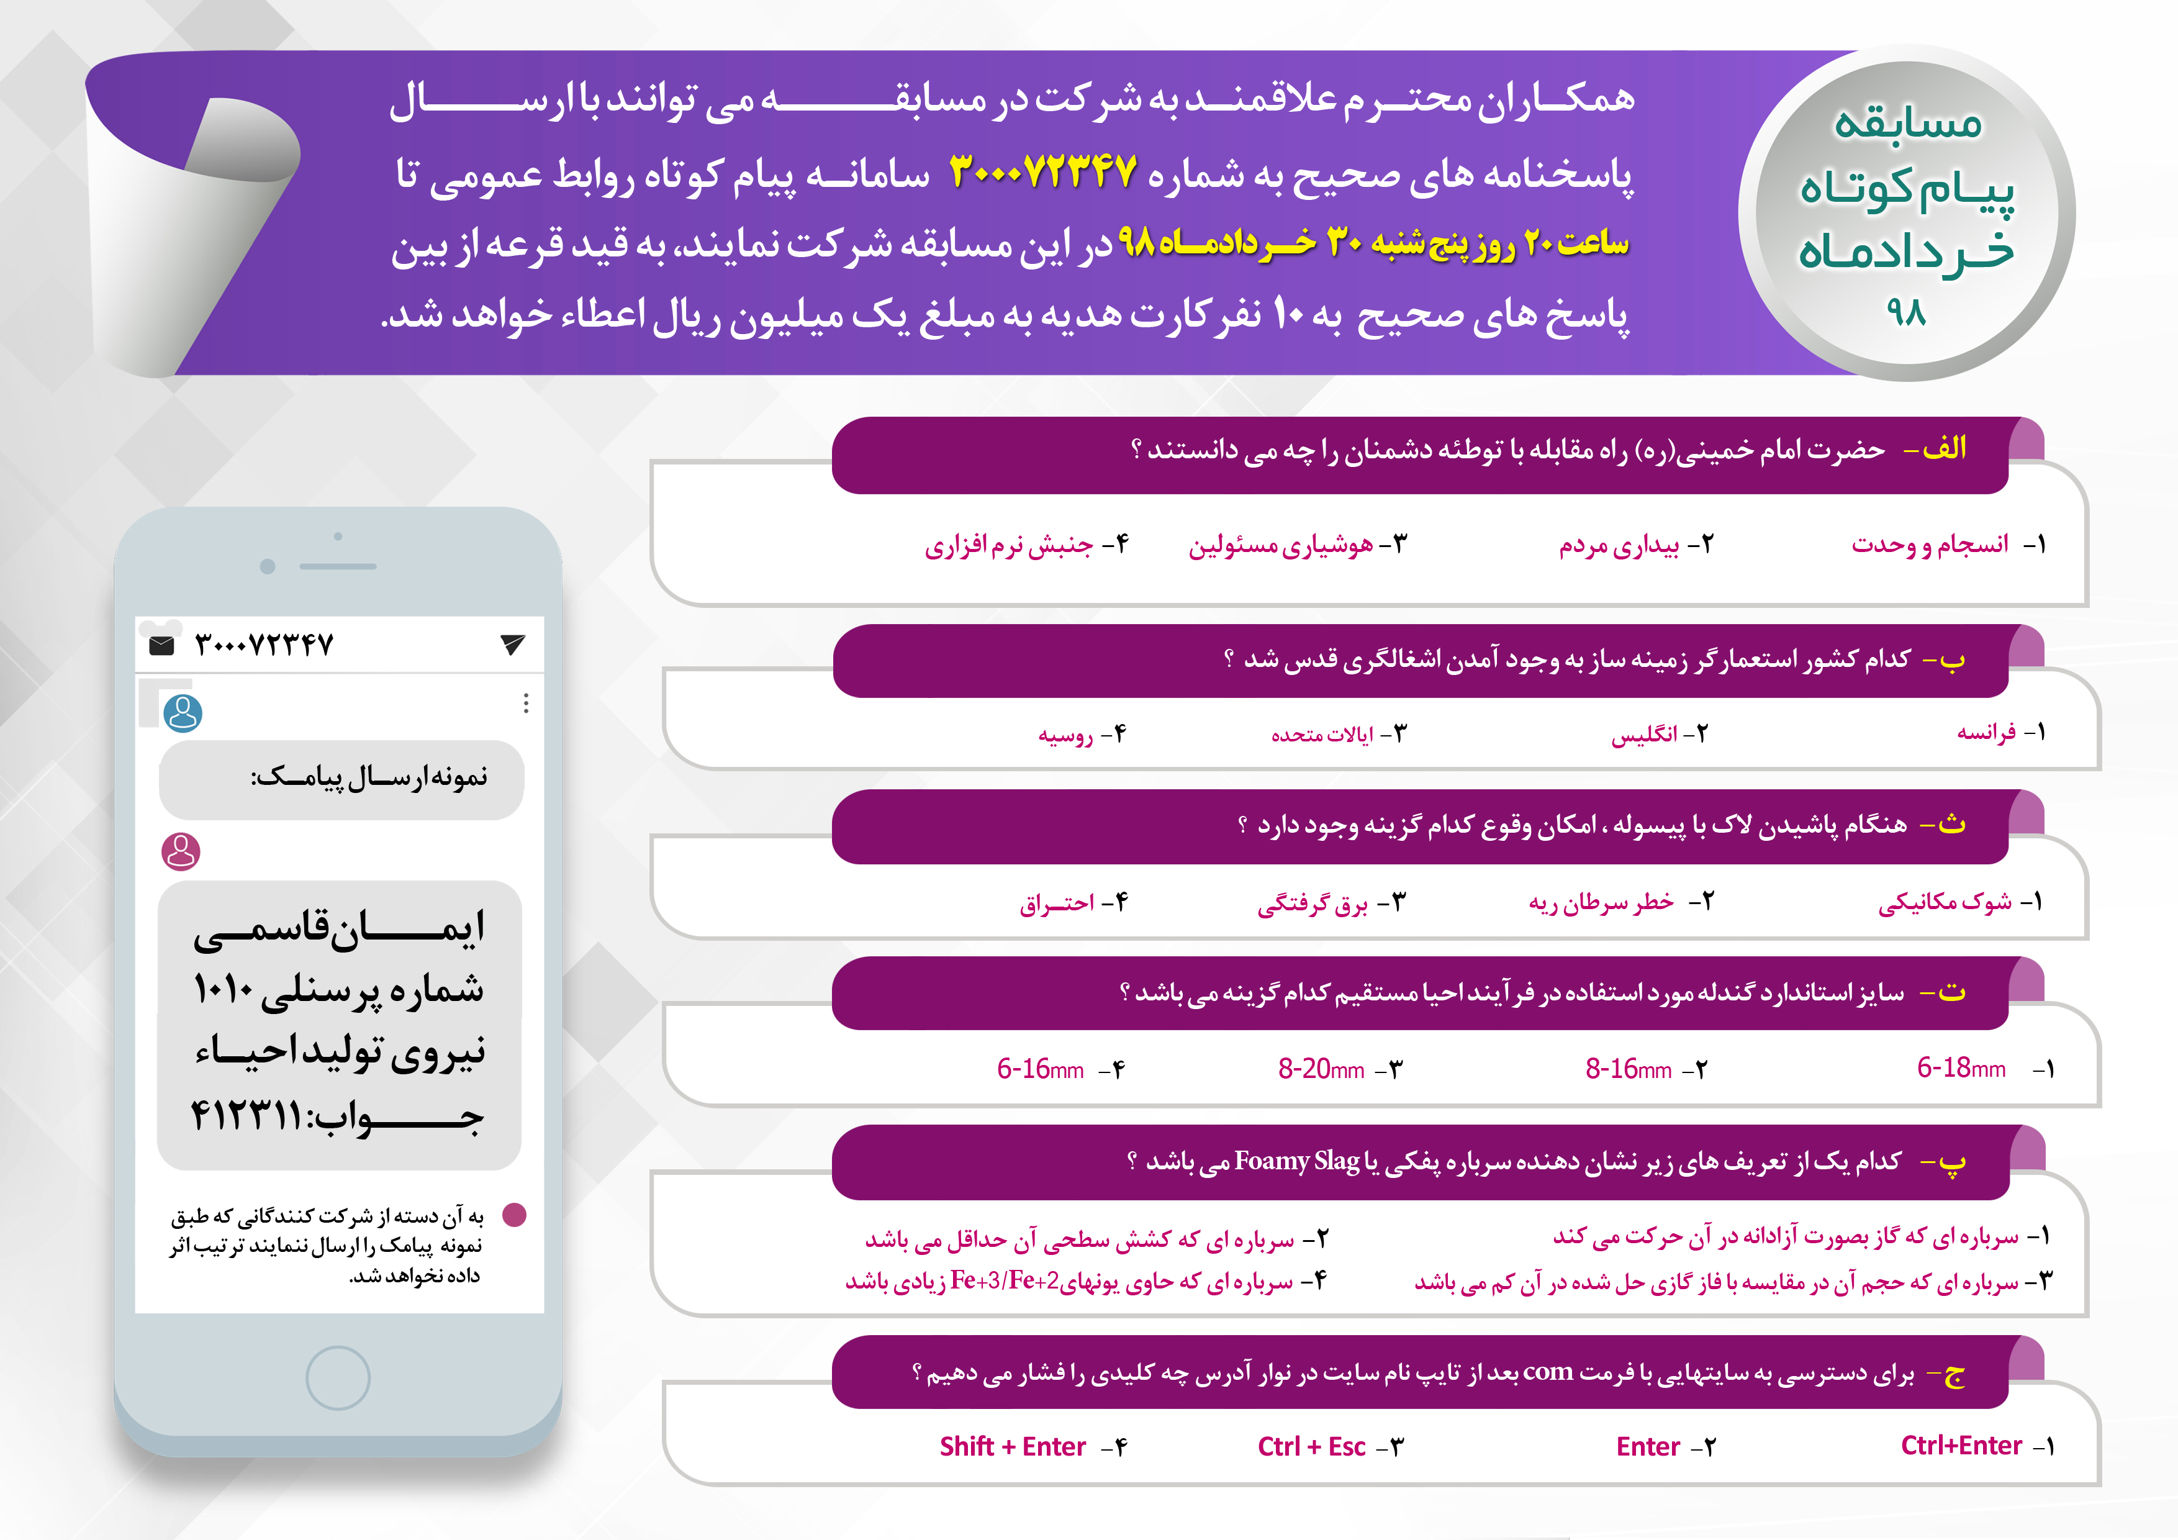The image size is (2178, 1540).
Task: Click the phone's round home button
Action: point(338,1378)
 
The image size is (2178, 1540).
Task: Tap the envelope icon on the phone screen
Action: point(162,646)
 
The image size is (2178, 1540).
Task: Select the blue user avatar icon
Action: point(183,713)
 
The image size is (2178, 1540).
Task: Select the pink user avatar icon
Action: point(181,851)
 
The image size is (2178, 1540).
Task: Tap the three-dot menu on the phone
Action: point(525,703)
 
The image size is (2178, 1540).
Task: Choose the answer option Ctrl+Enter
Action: point(1961,1445)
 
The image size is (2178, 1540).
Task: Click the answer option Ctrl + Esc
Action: point(1311,1446)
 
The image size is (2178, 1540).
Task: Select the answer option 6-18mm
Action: point(1961,1069)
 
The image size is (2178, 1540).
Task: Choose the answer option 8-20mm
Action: point(1321,1069)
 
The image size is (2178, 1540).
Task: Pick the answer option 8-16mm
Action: point(1628,1069)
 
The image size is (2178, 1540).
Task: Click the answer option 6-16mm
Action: point(1040,1069)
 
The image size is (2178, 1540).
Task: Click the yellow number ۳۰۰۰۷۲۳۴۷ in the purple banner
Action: point(1044,172)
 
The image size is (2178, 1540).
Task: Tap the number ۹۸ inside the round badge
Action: point(1906,311)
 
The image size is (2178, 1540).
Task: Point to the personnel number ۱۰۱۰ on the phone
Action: point(224,990)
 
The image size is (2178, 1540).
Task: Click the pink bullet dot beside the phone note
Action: point(514,1215)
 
